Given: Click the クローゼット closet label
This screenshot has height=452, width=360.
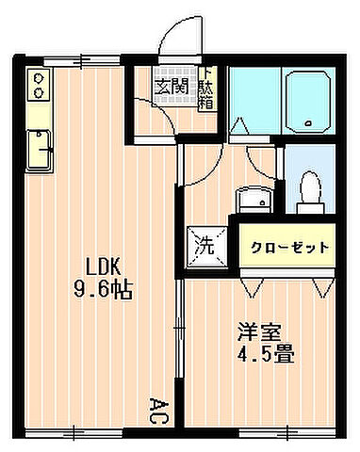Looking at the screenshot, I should [x=290, y=248].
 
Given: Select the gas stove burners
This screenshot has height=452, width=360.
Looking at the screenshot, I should [x=39, y=86].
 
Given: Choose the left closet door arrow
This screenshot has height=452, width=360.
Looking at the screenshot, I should [x=250, y=282].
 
